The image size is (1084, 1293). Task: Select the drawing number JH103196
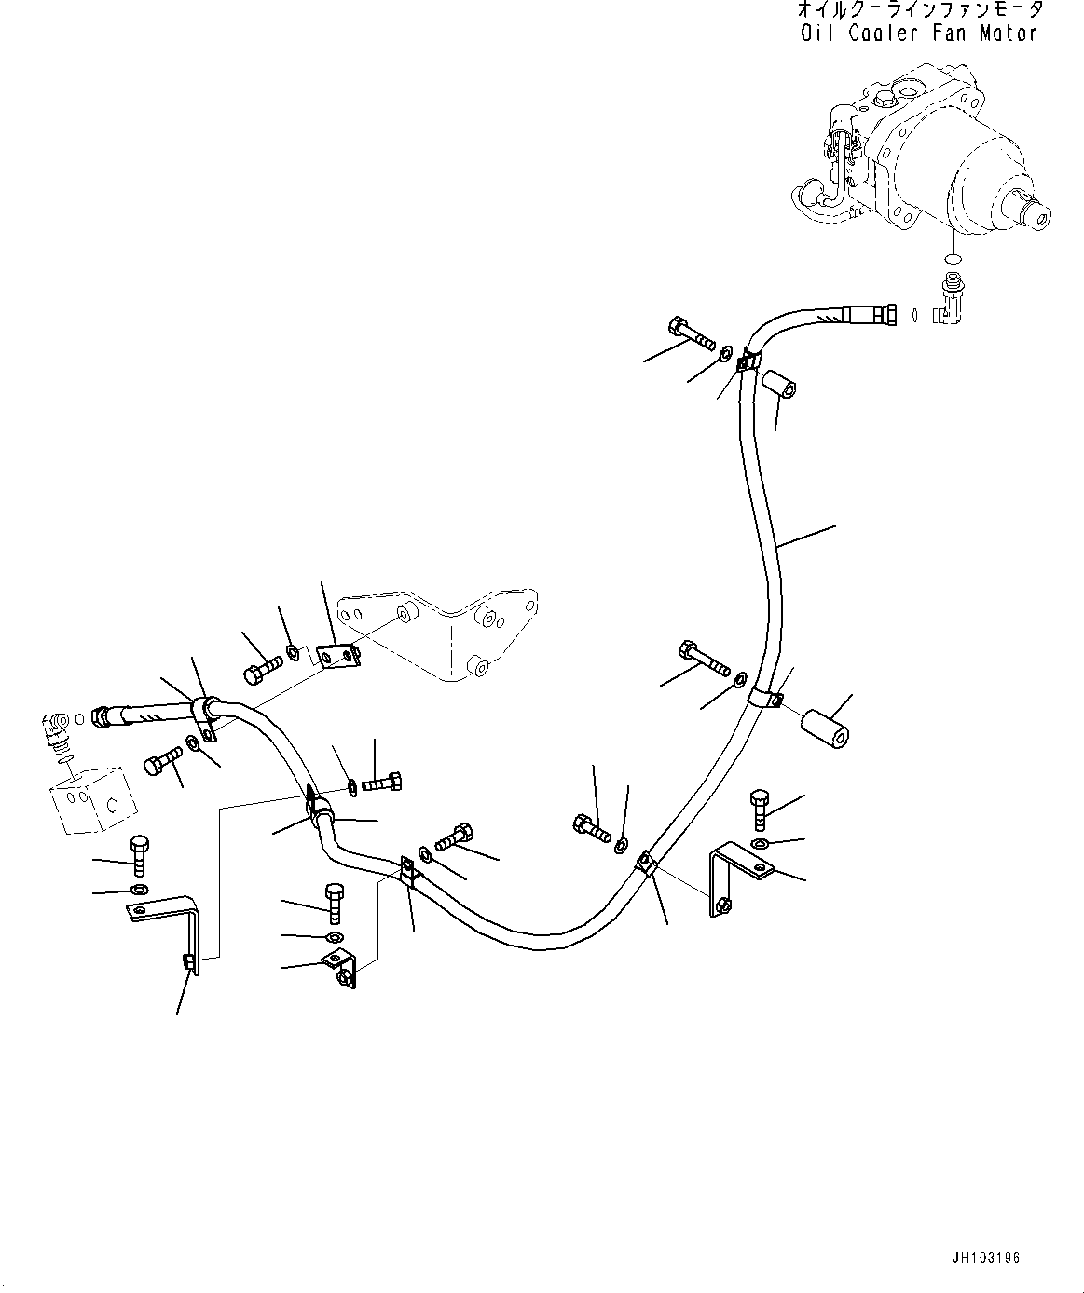(987, 1258)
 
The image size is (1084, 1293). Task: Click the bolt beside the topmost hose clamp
(690, 331)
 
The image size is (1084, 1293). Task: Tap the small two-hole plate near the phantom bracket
(336, 657)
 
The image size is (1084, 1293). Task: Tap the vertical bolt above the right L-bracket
(759, 809)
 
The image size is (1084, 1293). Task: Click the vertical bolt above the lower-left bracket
(139, 855)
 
